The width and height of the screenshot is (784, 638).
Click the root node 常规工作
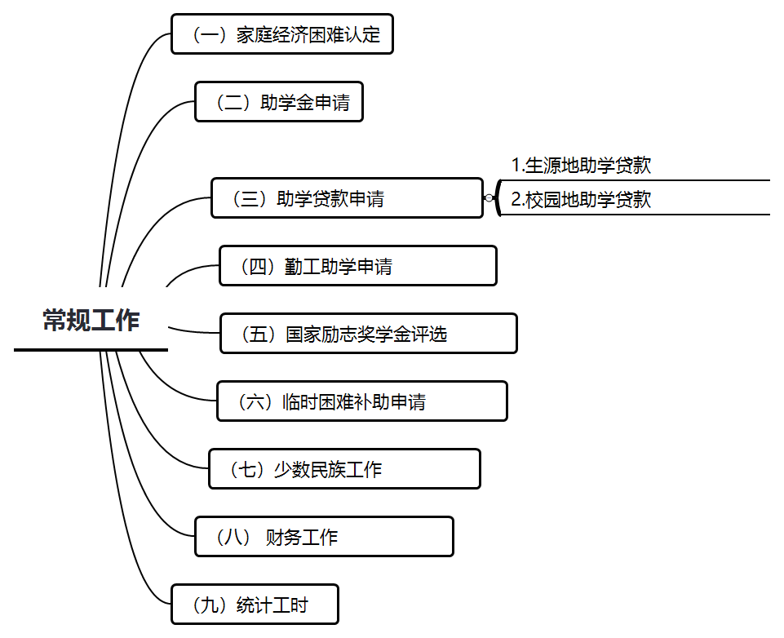(91, 321)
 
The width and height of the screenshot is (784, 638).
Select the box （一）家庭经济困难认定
(281, 34)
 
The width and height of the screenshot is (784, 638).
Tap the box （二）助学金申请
(278, 102)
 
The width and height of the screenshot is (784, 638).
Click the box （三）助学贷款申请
(347, 198)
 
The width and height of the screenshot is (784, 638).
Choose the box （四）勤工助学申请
(357, 266)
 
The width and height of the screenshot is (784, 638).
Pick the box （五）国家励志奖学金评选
(368, 334)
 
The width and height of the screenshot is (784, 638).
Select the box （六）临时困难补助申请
(361, 401)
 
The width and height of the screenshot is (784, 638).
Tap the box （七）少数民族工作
(344, 469)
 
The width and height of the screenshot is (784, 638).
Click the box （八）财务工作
(324, 537)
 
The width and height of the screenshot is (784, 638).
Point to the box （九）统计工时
(255, 605)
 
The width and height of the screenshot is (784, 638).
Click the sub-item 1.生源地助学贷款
(581, 166)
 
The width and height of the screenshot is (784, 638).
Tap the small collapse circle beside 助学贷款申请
(489, 198)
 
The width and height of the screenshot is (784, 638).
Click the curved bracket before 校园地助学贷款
(498, 198)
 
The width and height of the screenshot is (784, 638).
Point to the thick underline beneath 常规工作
(91, 349)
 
